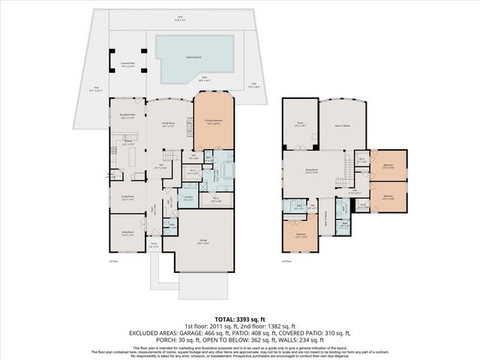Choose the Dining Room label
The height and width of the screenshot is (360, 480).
click(127, 198)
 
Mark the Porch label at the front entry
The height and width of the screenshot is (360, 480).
click(154, 244)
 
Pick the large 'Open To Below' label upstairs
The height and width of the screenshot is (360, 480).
click(343, 126)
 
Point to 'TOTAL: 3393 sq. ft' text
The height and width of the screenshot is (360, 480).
click(240, 319)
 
